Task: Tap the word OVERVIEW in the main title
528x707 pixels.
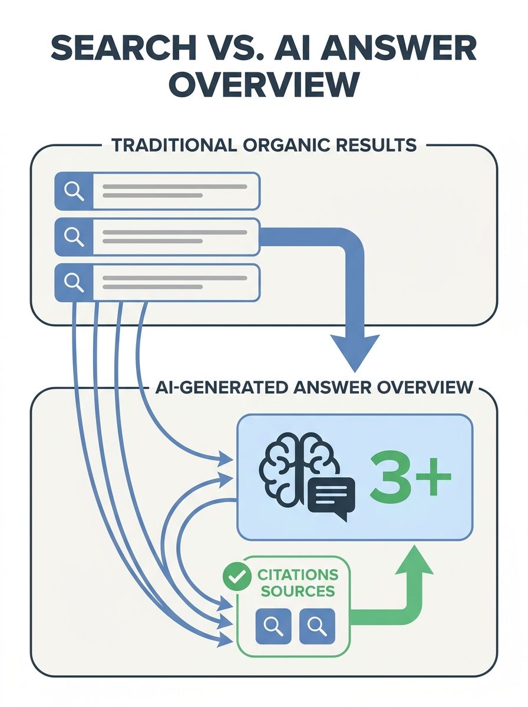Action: (263, 85)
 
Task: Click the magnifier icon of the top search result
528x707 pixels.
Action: (74, 191)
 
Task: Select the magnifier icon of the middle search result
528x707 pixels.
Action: (74, 237)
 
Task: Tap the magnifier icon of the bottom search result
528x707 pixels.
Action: (74, 283)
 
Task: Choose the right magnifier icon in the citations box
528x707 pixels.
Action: (317, 626)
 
